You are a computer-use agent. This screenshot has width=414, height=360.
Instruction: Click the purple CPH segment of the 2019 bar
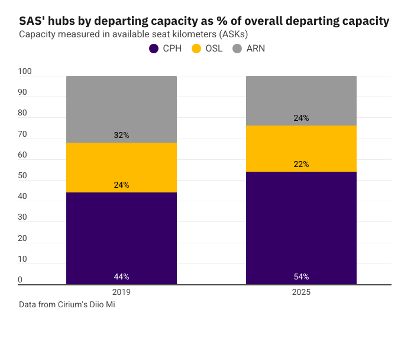[121, 237]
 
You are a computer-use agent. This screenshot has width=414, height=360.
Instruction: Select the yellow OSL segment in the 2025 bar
[301, 148]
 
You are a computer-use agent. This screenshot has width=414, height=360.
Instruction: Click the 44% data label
[121, 277]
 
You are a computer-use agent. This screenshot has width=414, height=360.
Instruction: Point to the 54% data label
[301, 277]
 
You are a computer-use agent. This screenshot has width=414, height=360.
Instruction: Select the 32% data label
[121, 135]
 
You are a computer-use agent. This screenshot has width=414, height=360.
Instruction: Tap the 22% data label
[301, 164]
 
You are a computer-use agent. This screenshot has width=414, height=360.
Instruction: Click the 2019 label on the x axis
[121, 292]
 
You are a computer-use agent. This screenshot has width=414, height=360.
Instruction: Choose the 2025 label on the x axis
[301, 292]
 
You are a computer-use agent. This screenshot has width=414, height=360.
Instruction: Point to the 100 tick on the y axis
[25, 72]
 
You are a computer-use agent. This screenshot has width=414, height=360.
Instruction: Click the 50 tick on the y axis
[22, 176]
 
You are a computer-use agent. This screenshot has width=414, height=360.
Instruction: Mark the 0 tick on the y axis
[20, 279]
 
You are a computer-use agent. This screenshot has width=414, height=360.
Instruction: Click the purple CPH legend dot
[154, 49]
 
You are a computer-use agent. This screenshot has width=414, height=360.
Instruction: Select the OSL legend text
[214, 49]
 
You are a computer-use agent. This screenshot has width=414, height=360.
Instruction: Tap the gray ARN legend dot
[237, 49]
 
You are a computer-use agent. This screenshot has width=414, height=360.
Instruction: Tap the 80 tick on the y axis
[22, 113]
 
